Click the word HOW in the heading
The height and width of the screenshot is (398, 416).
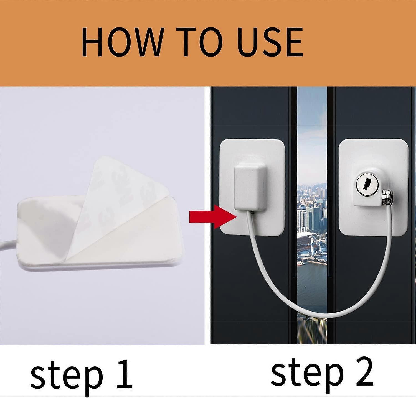click(122, 42)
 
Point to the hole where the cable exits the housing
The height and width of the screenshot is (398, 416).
click(253, 212)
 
